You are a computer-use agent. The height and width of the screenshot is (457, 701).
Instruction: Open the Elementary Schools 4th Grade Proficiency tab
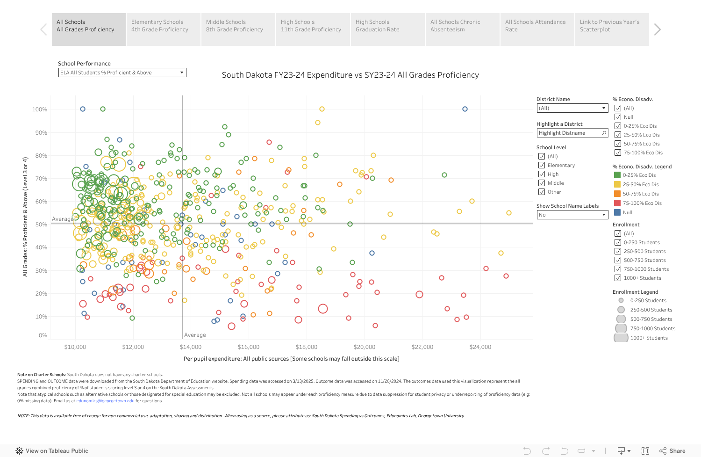[x=163, y=29]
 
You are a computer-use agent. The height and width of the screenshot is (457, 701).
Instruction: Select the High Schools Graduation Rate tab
[x=387, y=29]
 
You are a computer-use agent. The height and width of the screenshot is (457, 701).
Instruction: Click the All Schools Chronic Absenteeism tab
[x=462, y=29]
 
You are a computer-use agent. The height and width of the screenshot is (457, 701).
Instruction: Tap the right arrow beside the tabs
[x=658, y=29]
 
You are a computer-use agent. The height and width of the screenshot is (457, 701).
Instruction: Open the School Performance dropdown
[x=122, y=73]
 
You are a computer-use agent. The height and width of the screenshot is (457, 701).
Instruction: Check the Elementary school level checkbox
[x=542, y=165]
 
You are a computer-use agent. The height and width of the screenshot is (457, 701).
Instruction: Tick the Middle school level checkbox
[x=542, y=183]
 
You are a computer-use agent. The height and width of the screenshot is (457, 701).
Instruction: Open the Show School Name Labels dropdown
[x=572, y=215]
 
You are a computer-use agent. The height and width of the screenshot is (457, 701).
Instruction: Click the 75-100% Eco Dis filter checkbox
[x=618, y=152]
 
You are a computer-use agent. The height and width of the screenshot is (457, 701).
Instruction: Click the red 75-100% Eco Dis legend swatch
[x=617, y=203]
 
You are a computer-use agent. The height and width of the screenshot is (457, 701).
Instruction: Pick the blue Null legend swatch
[x=617, y=212]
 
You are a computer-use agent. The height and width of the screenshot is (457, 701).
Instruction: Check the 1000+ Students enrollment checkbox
[x=618, y=278]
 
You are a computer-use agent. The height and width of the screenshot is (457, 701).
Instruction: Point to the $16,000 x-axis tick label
[x=249, y=347]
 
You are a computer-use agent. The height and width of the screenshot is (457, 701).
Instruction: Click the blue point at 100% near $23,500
[x=465, y=109]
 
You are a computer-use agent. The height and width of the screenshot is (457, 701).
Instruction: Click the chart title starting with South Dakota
[x=350, y=75]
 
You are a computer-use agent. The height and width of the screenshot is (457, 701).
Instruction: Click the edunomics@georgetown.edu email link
[x=105, y=401]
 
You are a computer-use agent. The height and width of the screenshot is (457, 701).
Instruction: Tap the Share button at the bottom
[x=672, y=451]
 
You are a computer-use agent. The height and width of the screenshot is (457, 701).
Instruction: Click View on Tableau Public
[x=52, y=451]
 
